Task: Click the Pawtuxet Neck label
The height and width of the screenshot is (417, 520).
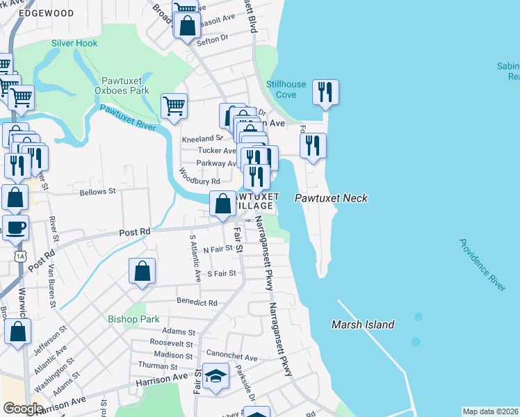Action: (x=330, y=199)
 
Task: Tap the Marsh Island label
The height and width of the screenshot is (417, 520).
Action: (x=362, y=325)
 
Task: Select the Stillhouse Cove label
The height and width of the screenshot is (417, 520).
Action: (x=286, y=90)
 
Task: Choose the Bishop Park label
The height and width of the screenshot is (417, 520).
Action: (x=129, y=319)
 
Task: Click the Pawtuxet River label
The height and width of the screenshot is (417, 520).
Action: (x=127, y=117)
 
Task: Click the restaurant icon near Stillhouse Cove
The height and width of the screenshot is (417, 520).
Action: (x=325, y=93)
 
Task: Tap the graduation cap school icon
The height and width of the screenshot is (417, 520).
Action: (x=216, y=377)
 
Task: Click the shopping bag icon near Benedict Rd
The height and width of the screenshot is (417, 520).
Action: (x=142, y=272)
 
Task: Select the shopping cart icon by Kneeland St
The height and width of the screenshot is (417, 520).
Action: (x=174, y=107)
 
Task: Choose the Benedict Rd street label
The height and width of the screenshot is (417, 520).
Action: (x=197, y=303)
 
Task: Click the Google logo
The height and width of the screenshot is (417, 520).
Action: (x=23, y=409)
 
